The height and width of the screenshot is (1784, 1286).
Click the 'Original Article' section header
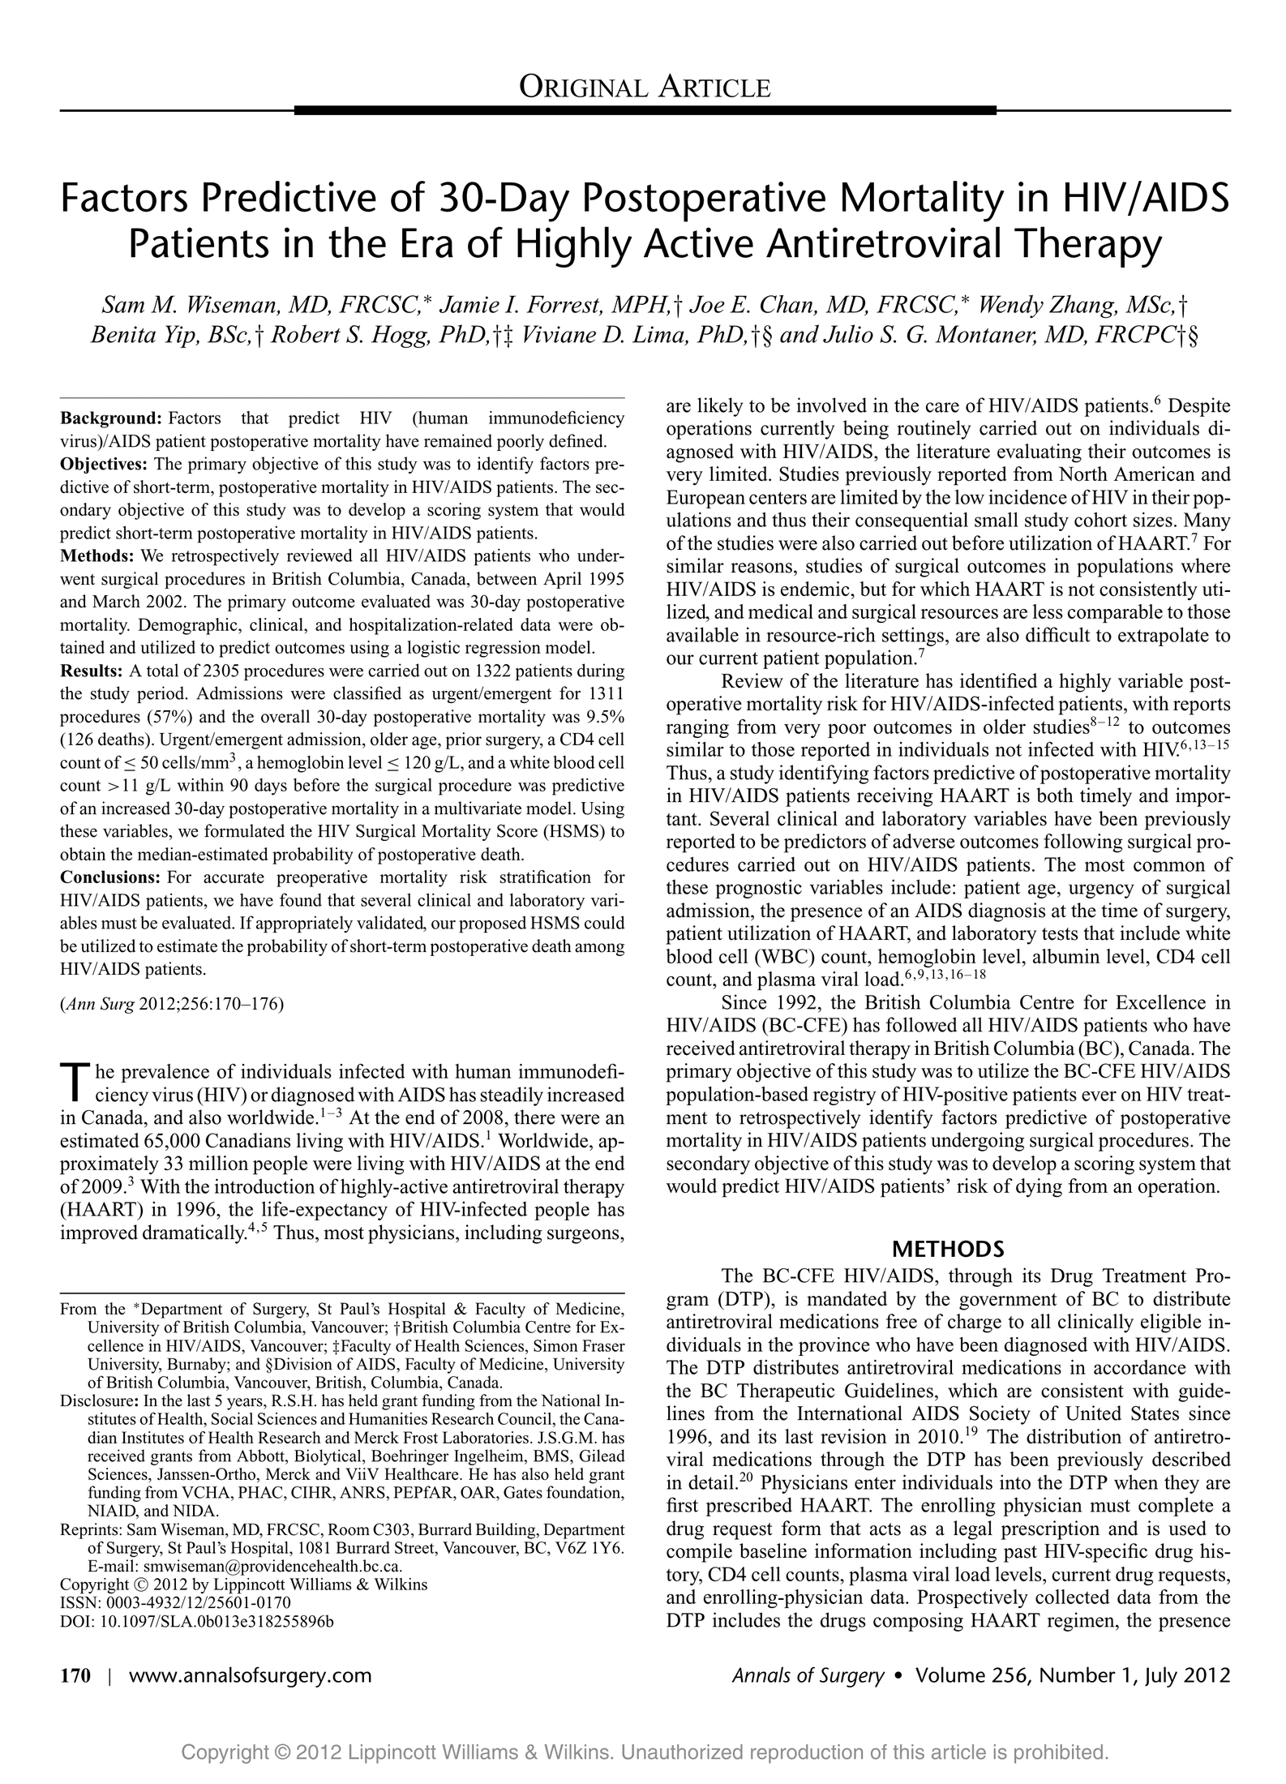pyautogui.click(x=645, y=86)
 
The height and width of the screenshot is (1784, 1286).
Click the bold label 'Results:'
pyautogui.click(x=93, y=671)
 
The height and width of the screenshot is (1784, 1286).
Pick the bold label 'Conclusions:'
pyautogui.click(x=110, y=877)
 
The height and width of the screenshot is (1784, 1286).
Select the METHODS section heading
pyautogui.click(x=948, y=1248)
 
